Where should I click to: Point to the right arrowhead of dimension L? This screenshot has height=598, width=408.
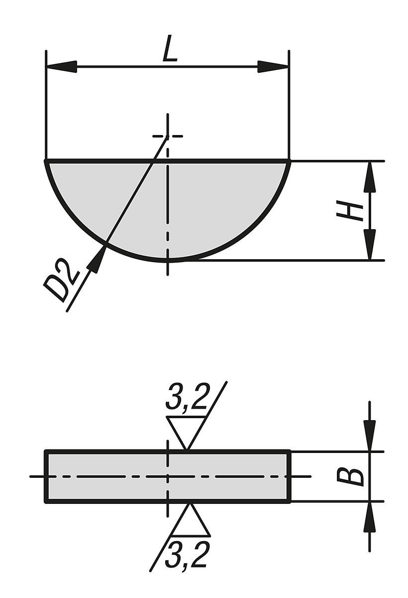click(x=273, y=67)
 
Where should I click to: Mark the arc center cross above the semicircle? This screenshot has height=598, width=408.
click(x=168, y=136)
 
